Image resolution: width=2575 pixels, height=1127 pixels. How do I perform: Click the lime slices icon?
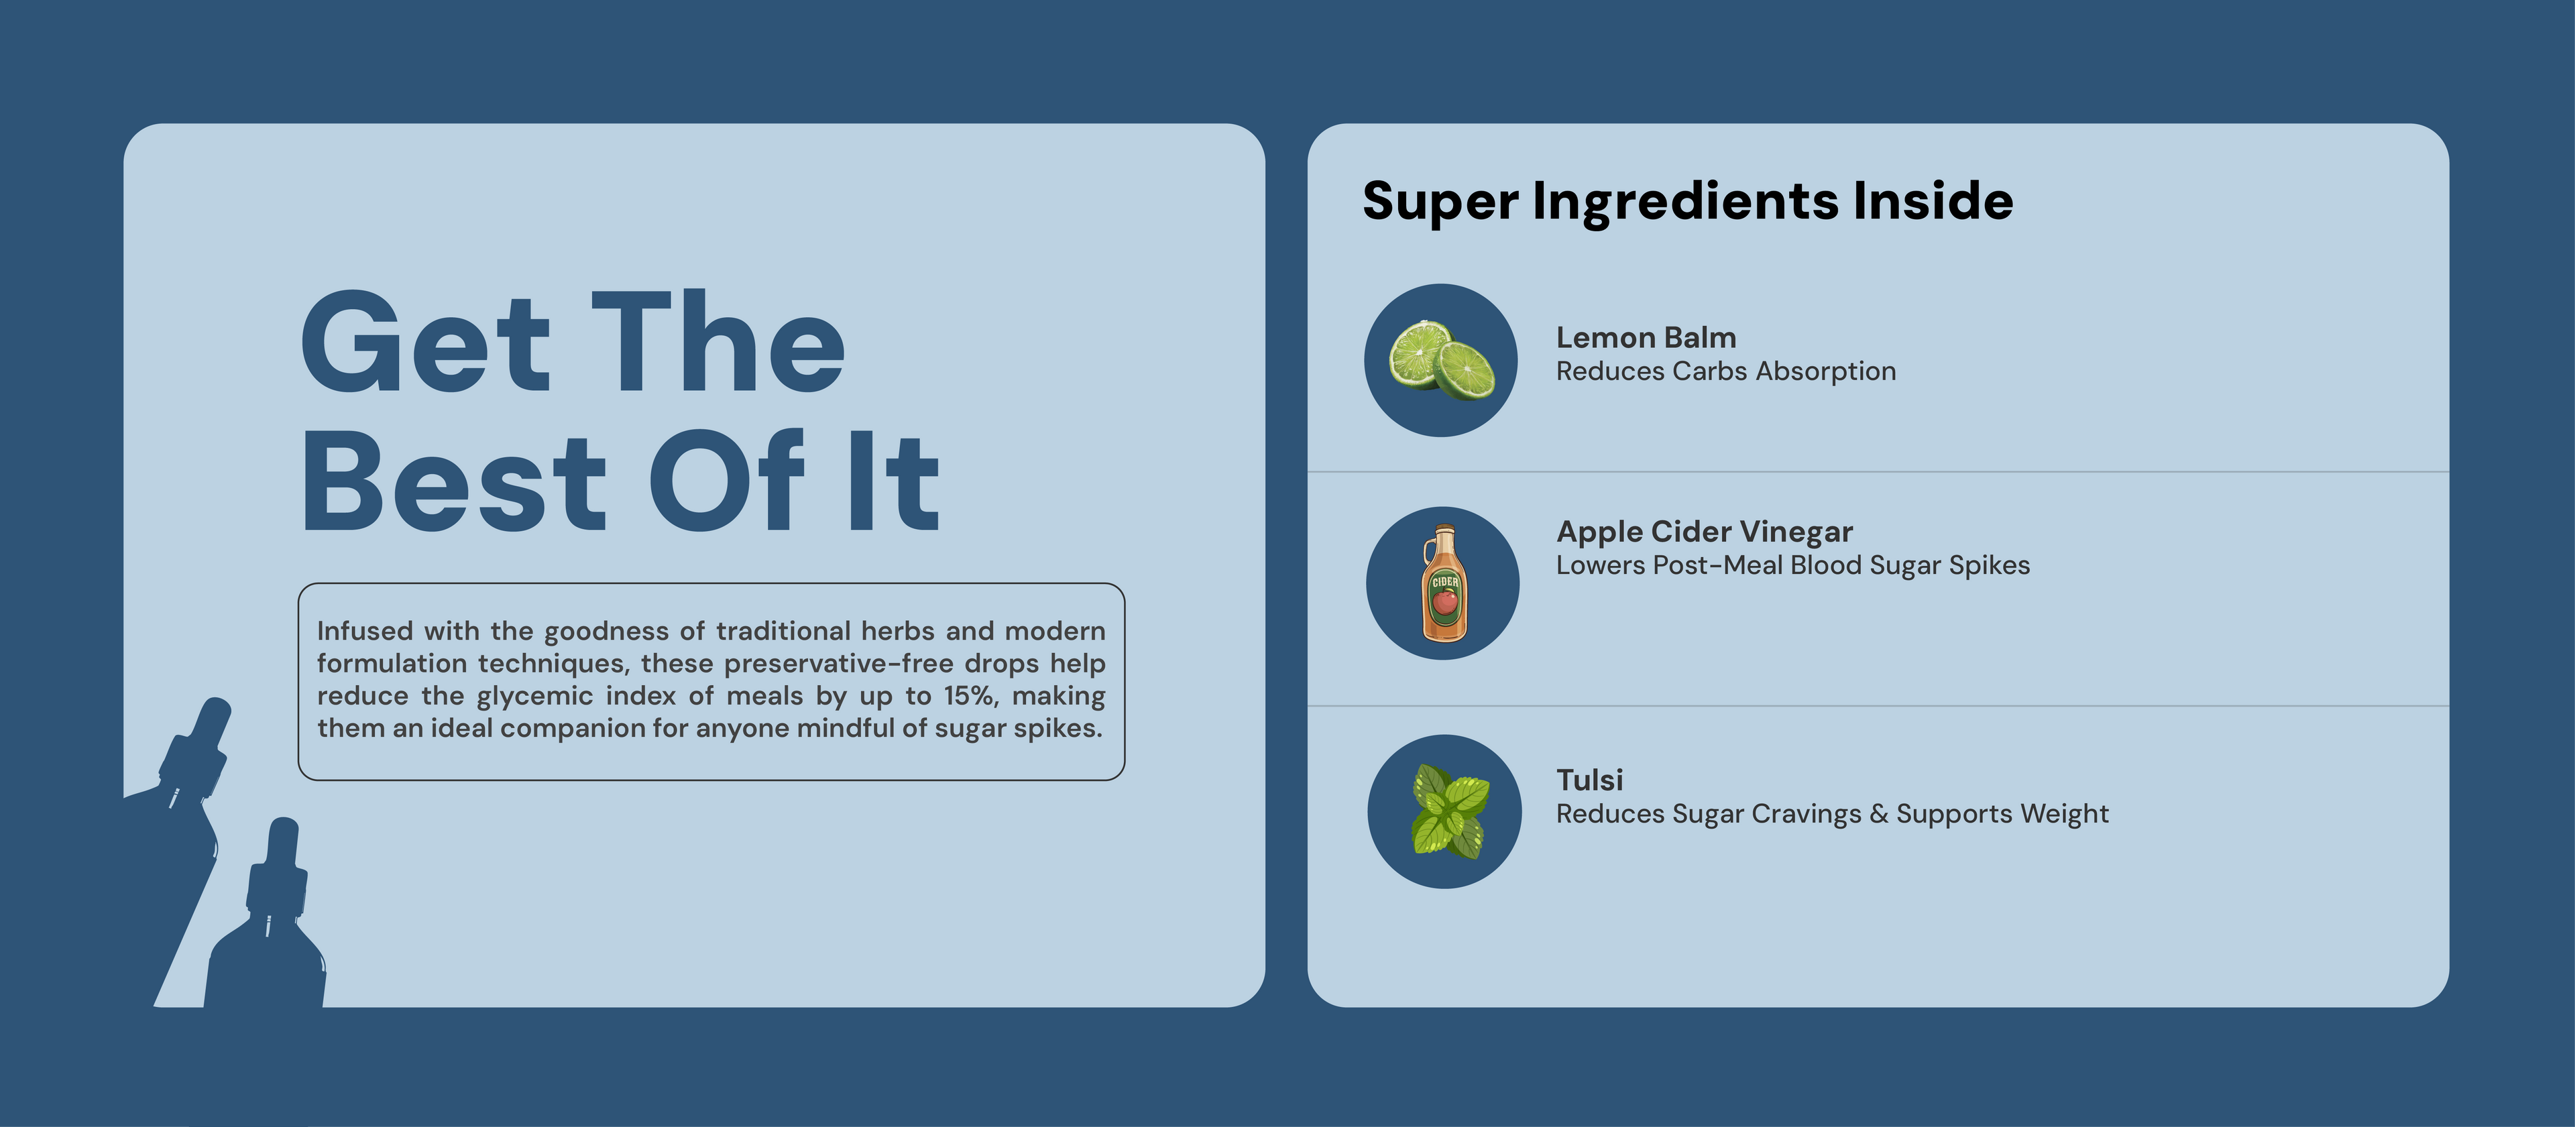[1442, 359]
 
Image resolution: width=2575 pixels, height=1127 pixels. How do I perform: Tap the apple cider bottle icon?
[1444, 583]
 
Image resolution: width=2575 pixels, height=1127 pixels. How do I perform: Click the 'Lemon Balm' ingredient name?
[1646, 338]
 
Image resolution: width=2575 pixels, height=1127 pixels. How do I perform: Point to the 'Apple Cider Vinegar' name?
[1705, 532]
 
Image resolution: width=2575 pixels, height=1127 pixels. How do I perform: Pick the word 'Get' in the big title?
[426, 342]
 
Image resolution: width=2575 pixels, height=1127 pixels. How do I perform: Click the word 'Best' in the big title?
[455, 481]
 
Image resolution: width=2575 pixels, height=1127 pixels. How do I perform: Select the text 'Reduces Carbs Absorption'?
[1725, 371]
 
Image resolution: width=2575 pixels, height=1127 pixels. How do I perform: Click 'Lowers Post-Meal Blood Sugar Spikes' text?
[1792, 565]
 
